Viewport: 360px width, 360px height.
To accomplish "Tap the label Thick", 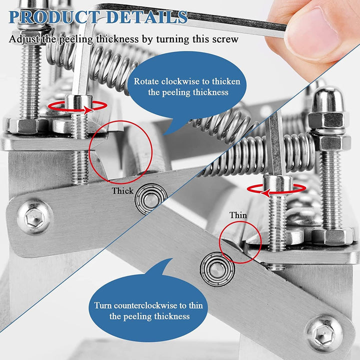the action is pyautogui.click(x=122, y=191).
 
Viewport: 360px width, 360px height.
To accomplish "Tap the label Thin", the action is pyautogui.click(x=238, y=215).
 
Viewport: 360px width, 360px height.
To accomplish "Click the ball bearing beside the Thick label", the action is pyautogui.click(x=150, y=198).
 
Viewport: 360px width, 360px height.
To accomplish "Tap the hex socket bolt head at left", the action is pyautogui.click(x=34, y=217).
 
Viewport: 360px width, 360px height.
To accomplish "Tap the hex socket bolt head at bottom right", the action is pyautogui.click(x=324, y=333).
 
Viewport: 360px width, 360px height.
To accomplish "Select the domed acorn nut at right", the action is pyautogui.click(x=328, y=101).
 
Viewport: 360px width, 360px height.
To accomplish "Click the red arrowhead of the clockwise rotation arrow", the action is pyautogui.click(x=89, y=110).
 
